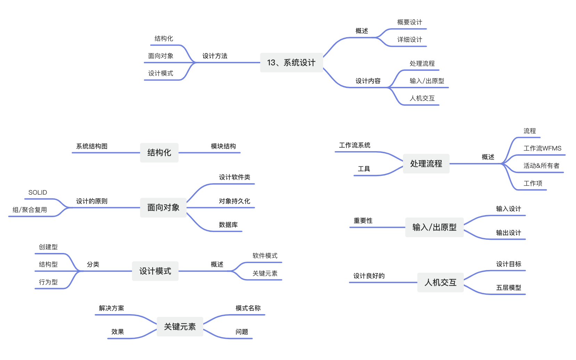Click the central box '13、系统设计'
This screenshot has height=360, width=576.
click(x=291, y=63)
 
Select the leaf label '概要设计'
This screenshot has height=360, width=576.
click(x=410, y=22)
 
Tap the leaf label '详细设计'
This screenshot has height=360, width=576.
click(x=410, y=40)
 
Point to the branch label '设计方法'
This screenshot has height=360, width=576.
click(x=215, y=56)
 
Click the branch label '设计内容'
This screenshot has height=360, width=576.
click(x=368, y=81)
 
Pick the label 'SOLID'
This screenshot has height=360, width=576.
click(x=38, y=193)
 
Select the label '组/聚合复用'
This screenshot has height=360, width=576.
click(x=30, y=210)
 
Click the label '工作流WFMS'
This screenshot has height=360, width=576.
click(x=542, y=148)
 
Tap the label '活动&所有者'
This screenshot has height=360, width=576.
click(x=541, y=166)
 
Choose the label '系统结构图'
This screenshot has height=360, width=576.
click(x=92, y=146)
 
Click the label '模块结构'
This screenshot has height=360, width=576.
click(x=223, y=146)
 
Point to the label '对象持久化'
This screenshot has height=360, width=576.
click(x=234, y=201)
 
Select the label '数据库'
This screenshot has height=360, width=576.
click(x=228, y=225)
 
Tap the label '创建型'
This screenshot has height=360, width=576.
click(x=48, y=247)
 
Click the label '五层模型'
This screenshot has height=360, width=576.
click(x=509, y=288)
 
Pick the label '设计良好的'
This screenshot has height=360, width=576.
click(x=369, y=276)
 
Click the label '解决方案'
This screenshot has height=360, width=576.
click(x=111, y=308)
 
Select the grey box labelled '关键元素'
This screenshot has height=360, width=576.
click(x=180, y=327)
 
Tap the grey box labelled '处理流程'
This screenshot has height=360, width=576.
click(x=426, y=164)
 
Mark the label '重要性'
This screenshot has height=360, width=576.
click(x=363, y=221)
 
